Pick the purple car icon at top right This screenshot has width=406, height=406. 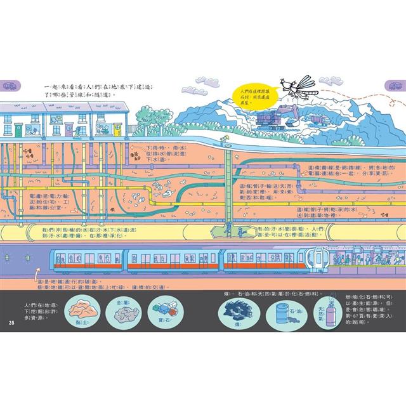point(395,84)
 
